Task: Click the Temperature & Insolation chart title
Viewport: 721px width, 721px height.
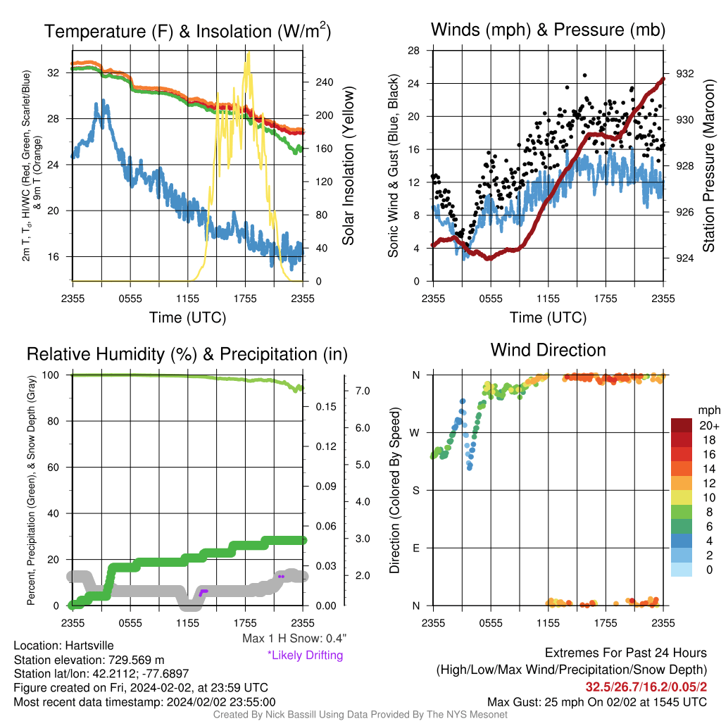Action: click(x=187, y=31)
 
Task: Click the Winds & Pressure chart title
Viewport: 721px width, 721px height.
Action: click(x=548, y=30)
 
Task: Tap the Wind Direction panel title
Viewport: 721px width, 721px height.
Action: click(x=548, y=350)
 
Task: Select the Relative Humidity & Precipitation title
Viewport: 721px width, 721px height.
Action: click(x=187, y=354)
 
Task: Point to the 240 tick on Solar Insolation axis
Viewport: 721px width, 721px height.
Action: click(x=324, y=82)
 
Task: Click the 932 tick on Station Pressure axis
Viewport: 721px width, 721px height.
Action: click(x=684, y=73)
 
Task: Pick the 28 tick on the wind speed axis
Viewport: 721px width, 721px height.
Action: click(x=413, y=51)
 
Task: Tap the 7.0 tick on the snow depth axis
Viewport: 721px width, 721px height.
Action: click(x=363, y=391)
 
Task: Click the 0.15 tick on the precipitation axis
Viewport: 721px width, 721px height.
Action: click(x=325, y=406)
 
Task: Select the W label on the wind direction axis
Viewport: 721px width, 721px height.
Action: click(x=415, y=433)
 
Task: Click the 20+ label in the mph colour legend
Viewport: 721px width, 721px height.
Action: click(x=709, y=425)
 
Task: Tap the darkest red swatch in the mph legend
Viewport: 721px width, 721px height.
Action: click(x=682, y=425)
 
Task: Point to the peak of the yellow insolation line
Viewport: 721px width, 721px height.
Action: click(x=249, y=52)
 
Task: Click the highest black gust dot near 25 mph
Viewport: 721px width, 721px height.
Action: click(x=585, y=75)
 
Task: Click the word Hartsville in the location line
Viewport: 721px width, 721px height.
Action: click(x=89, y=645)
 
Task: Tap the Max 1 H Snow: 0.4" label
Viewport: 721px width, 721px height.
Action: click(x=294, y=638)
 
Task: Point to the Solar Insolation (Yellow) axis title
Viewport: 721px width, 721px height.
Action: click(x=348, y=165)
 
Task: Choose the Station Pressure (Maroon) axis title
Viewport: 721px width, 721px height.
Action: click(x=708, y=165)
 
